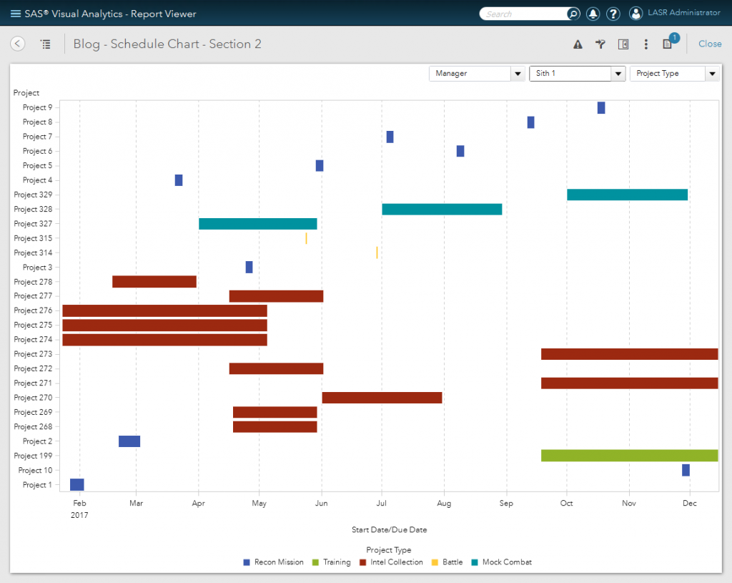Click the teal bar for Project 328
point(442,209)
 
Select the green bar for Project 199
point(629,456)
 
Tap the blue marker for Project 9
point(601,108)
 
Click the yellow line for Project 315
point(306,238)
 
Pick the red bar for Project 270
point(382,398)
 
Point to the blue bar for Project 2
point(129,441)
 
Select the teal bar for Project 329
point(627,195)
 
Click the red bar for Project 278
point(154,282)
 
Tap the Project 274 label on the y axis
point(33,340)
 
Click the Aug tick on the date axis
point(444,504)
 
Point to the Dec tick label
point(689,504)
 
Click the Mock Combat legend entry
point(502,562)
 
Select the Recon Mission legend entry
point(274,562)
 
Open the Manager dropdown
point(477,74)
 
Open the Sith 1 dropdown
point(577,74)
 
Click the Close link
point(710,44)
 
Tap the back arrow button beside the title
point(18,44)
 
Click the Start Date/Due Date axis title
point(389,530)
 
